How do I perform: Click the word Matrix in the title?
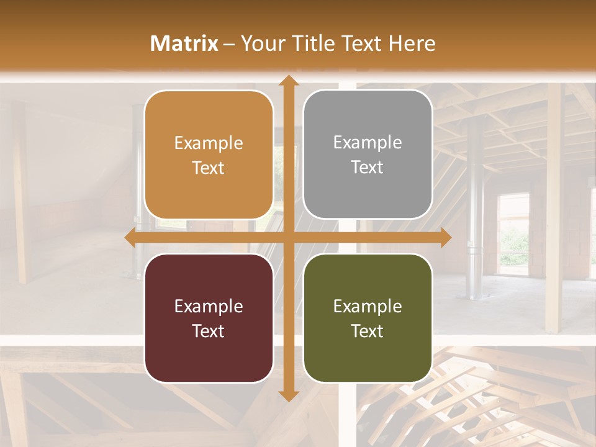(184, 43)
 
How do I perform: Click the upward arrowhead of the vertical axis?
(288, 81)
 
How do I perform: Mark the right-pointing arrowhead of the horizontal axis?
(445, 238)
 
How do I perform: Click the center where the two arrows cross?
(288, 238)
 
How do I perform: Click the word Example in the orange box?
(209, 143)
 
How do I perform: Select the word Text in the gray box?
(368, 168)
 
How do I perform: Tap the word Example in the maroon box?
(209, 307)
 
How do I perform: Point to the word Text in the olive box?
(368, 332)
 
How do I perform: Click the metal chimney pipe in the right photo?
(475, 205)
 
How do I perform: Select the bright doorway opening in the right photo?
(514, 233)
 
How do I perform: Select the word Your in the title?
(261, 43)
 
